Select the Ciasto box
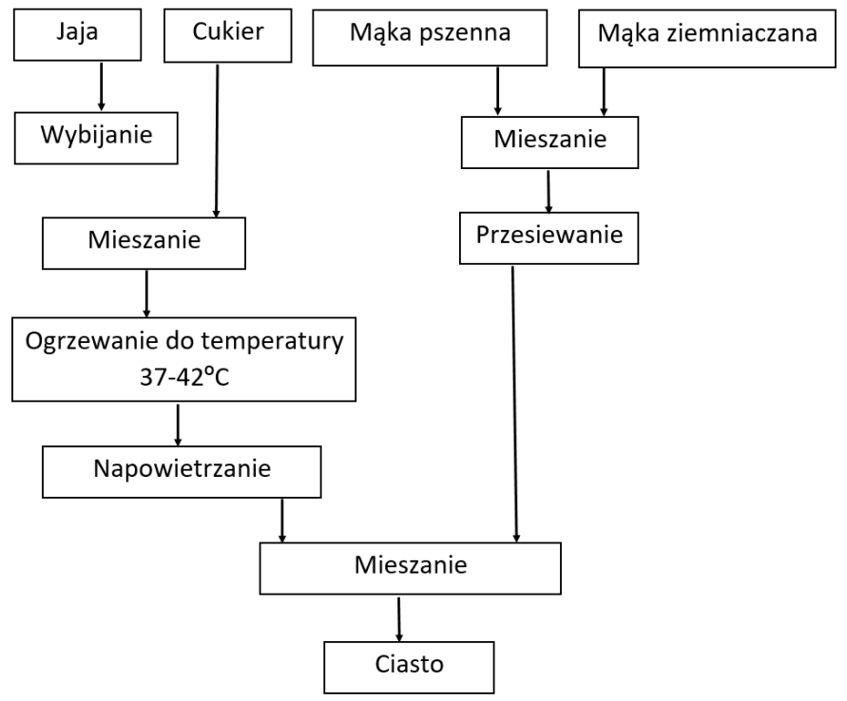tap(396, 666)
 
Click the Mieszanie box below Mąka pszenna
tap(548, 143)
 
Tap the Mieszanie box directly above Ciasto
tap(411, 567)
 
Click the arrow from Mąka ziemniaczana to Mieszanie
tap(602, 94)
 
